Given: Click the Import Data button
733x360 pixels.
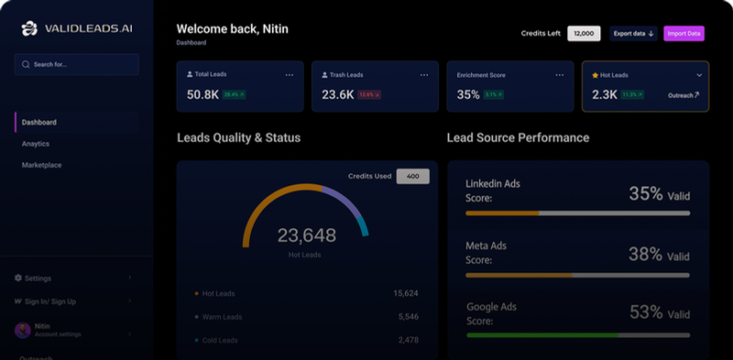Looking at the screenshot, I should (x=684, y=34).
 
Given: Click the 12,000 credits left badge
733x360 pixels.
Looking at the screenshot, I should (x=584, y=34).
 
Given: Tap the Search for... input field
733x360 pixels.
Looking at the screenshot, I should (x=77, y=64).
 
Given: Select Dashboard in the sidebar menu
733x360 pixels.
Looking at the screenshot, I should (x=39, y=122).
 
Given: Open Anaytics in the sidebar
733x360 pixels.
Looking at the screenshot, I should (x=36, y=144).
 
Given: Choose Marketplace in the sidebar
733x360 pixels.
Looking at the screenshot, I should (x=41, y=165).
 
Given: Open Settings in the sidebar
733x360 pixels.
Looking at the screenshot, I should (x=38, y=278).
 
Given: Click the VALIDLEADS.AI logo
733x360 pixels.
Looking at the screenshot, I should (x=77, y=29).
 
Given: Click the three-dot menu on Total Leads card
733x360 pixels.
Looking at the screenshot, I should (x=290, y=74).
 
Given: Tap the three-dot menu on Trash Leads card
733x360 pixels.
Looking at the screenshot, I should (x=424, y=74).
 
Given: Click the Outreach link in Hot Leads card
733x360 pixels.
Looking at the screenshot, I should (x=683, y=94).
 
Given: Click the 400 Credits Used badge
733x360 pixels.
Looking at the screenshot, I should (x=412, y=176).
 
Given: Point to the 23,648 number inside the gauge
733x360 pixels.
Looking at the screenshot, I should (x=306, y=235).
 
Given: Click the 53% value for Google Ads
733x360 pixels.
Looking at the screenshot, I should (x=646, y=312).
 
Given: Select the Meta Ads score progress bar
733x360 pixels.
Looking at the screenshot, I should (x=577, y=274).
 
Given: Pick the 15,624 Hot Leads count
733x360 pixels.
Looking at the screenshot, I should (x=405, y=293).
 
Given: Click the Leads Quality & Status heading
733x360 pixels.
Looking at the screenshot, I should (x=238, y=137).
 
